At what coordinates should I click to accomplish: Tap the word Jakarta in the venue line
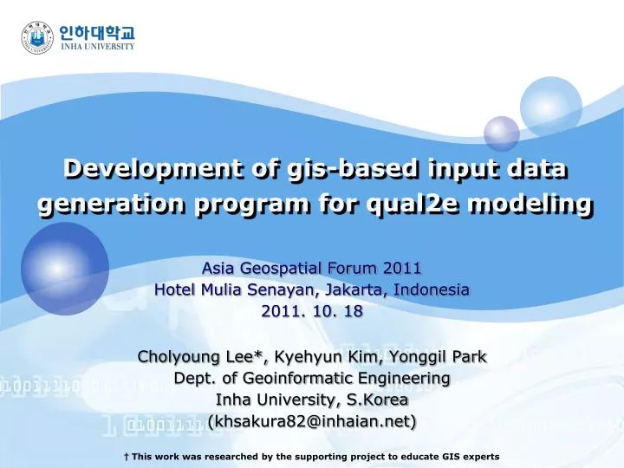coord(355,289)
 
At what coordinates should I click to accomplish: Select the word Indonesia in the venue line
coord(432,289)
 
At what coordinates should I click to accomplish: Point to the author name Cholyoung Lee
coord(201,356)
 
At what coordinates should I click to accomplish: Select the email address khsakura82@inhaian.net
coord(312,421)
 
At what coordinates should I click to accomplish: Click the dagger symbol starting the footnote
coord(127,455)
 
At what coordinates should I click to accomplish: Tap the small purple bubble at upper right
coord(501,133)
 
